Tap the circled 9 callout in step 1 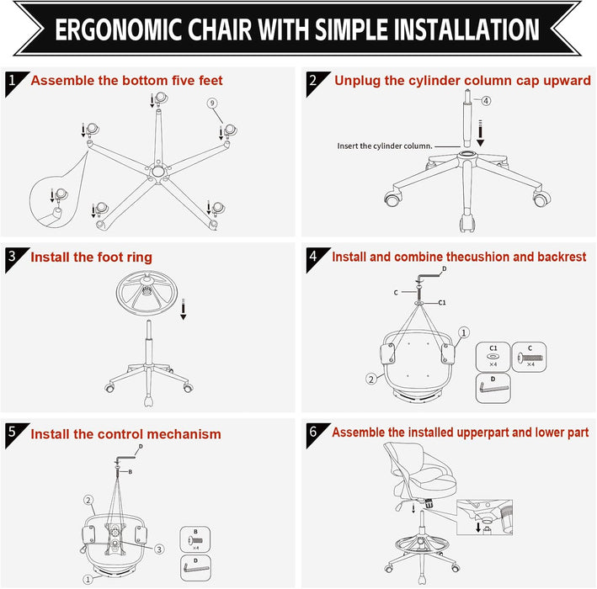(x=213, y=103)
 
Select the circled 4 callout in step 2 (x=486, y=101)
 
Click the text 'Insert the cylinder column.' (x=385, y=146)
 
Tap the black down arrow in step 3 (x=183, y=310)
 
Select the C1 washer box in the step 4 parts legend (x=493, y=356)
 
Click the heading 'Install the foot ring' (x=92, y=257)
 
